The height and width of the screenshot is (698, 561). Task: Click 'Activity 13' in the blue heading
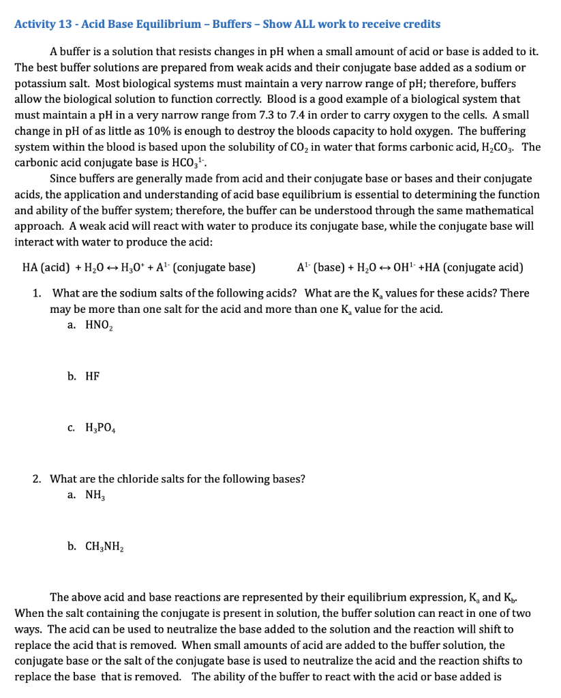(x=42, y=25)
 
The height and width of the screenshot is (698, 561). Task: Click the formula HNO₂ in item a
(x=99, y=326)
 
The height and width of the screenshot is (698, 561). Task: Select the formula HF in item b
(x=92, y=376)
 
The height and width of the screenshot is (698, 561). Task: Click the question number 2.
(x=36, y=479)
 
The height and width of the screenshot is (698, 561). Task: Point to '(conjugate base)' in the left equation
(x=214, y=267)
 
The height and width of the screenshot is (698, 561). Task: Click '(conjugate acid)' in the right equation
(x=483, y=267)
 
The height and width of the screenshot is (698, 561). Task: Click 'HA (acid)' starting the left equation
(x=43, y=267)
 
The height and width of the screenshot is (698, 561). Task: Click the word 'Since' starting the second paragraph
(x=63, y=179)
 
